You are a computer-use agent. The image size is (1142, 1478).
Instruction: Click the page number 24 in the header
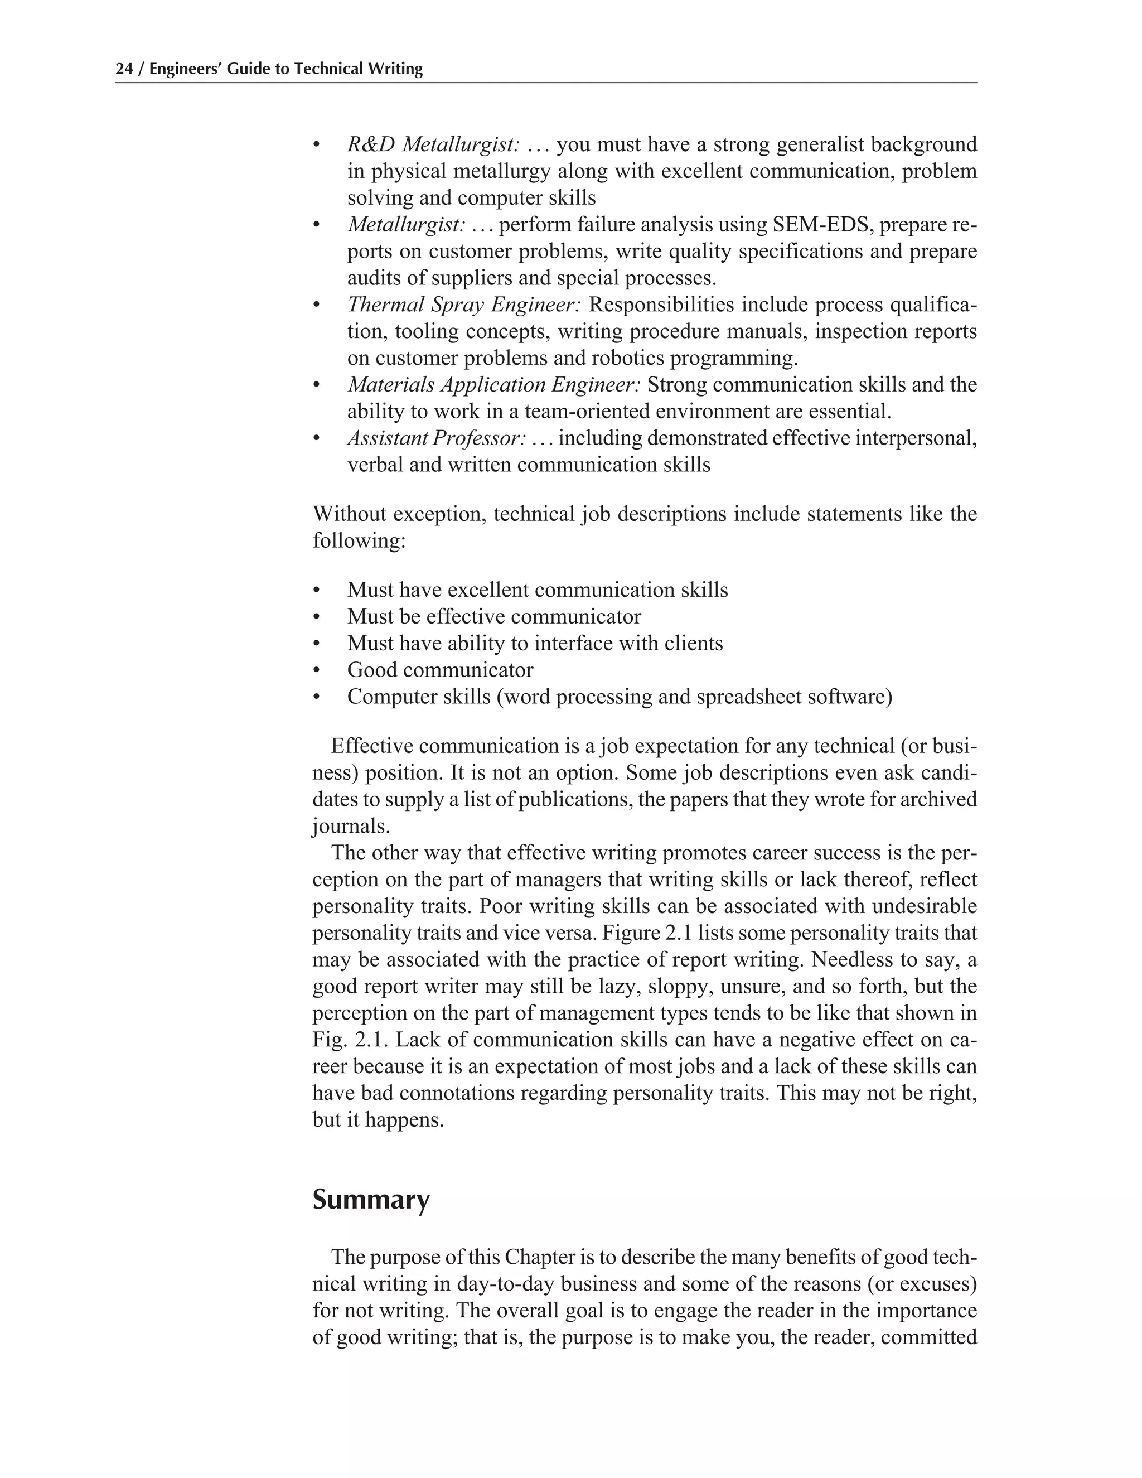pos(124,69)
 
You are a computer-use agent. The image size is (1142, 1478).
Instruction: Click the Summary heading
pos(371,1200)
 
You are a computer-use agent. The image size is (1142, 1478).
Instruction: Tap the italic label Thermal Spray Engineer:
pos(464,305)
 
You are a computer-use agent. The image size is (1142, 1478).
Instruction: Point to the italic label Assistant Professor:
pos(437,438)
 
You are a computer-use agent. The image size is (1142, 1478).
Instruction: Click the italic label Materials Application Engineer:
pos(493,385)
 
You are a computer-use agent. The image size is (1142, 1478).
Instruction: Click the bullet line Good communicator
pos(440,670)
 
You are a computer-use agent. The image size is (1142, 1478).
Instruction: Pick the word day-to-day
pos(507,1284)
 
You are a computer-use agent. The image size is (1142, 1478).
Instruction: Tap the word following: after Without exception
pos(359,542)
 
